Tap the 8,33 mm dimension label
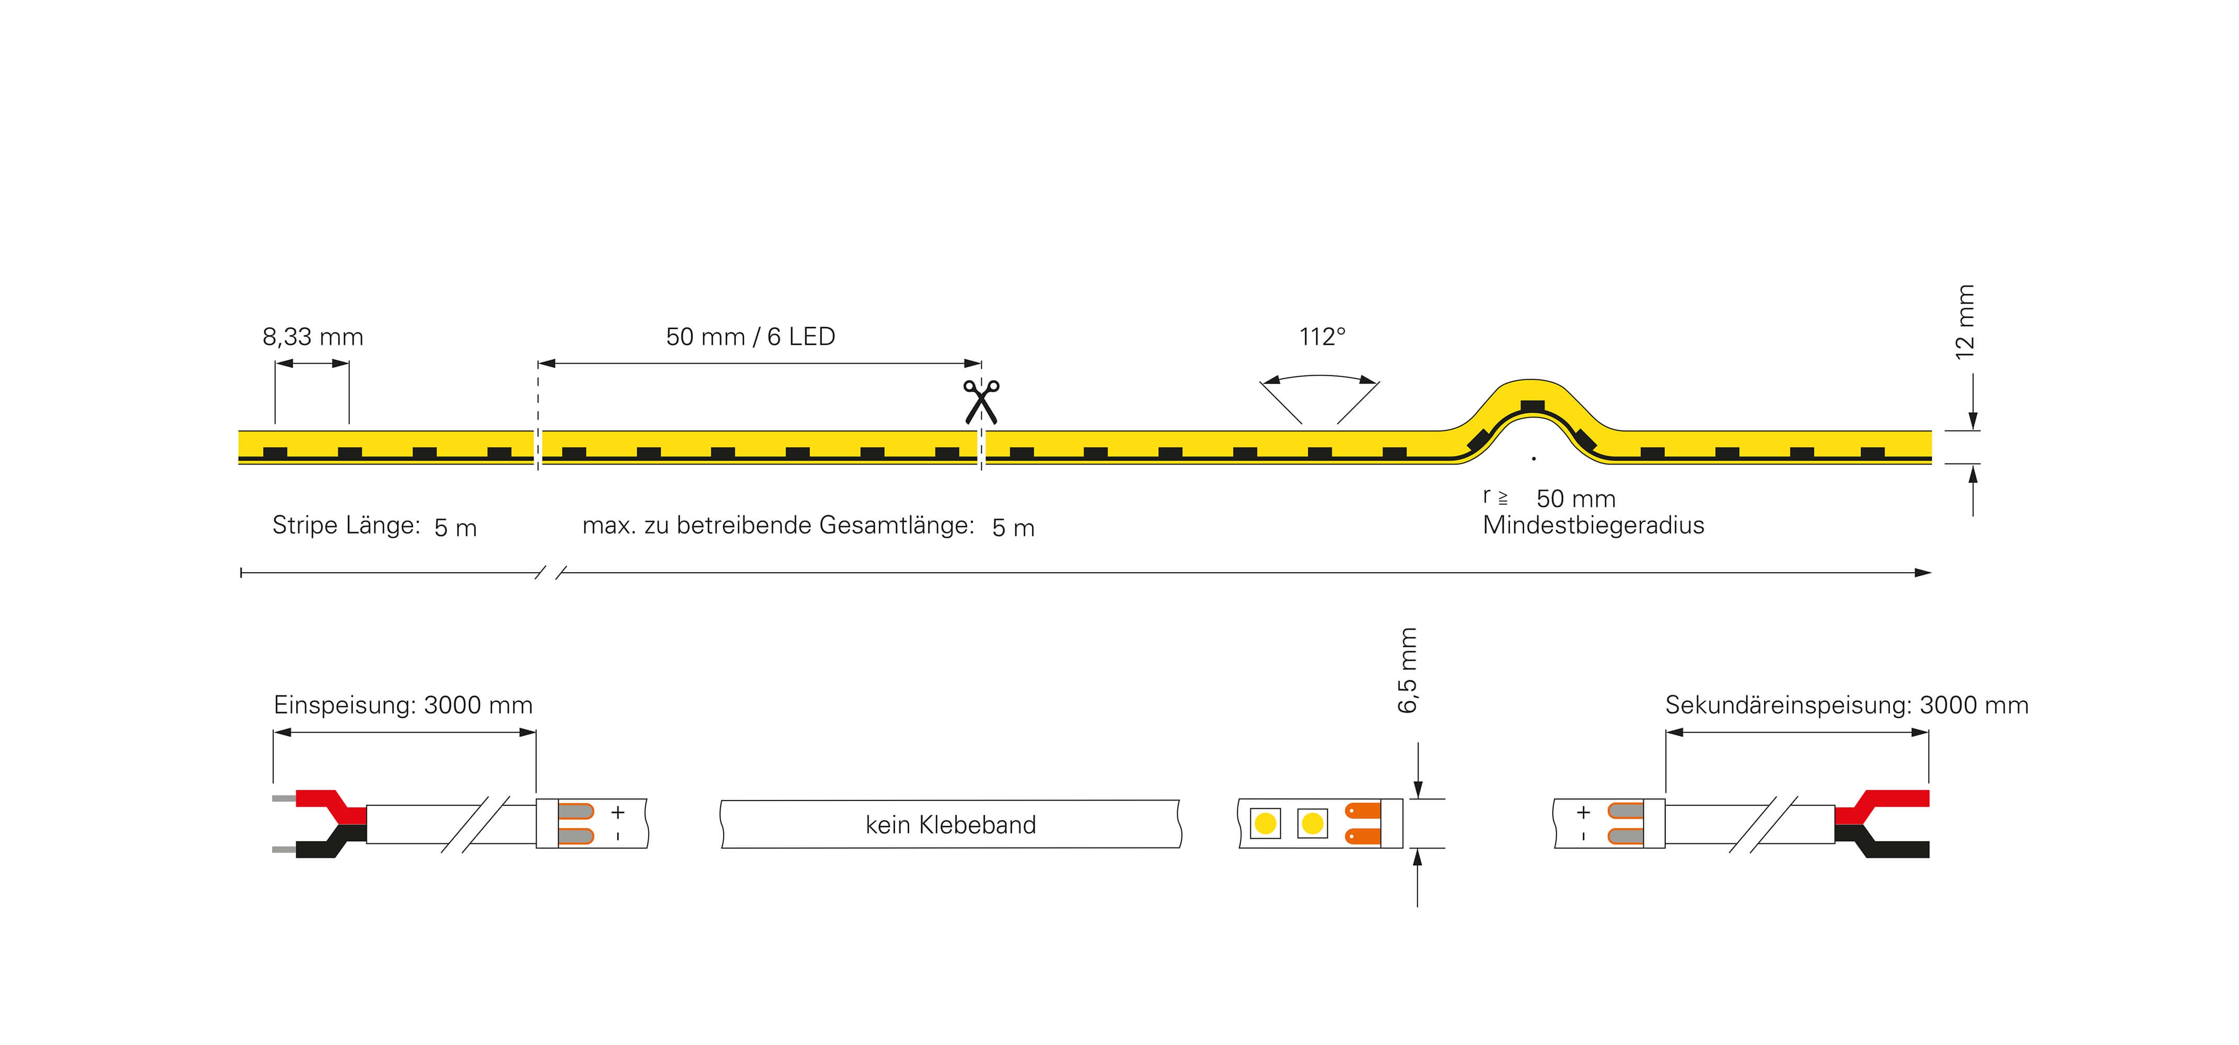click(313, 338)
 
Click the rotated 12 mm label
click(1965, 322)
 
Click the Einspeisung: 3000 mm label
click(402, 705)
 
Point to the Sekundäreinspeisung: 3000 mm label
click(1846, 705)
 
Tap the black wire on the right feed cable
click(1895, 847)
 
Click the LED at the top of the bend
click(1533, 406)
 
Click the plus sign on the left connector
click(618, 812)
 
